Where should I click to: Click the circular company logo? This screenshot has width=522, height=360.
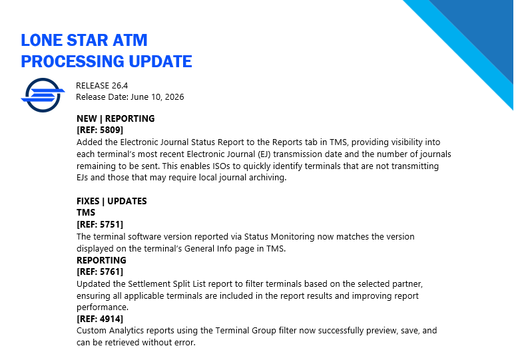(x=43, y=95)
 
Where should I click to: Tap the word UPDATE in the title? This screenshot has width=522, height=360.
(x=160, y=61)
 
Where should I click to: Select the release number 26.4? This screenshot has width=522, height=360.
(x=120, y=86)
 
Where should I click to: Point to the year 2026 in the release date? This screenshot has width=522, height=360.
(x=174, y=97)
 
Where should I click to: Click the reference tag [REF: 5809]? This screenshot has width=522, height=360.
(x=100, y=130)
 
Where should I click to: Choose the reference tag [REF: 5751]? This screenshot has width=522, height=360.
(x=100, y=225)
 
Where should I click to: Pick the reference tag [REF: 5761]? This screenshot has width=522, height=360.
(x=100, y=271)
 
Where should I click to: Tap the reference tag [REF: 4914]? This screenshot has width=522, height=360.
(x=100, y=319)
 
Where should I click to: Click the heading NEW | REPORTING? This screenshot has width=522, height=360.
(x=116, y=118)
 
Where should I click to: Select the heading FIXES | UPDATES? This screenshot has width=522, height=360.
(x=112, y=201)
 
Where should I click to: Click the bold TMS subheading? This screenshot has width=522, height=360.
(x=86, y=213)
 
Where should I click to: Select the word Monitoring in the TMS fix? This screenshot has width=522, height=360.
(x=293, y=237)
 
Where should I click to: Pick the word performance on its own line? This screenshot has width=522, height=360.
(x=103, y=307)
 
